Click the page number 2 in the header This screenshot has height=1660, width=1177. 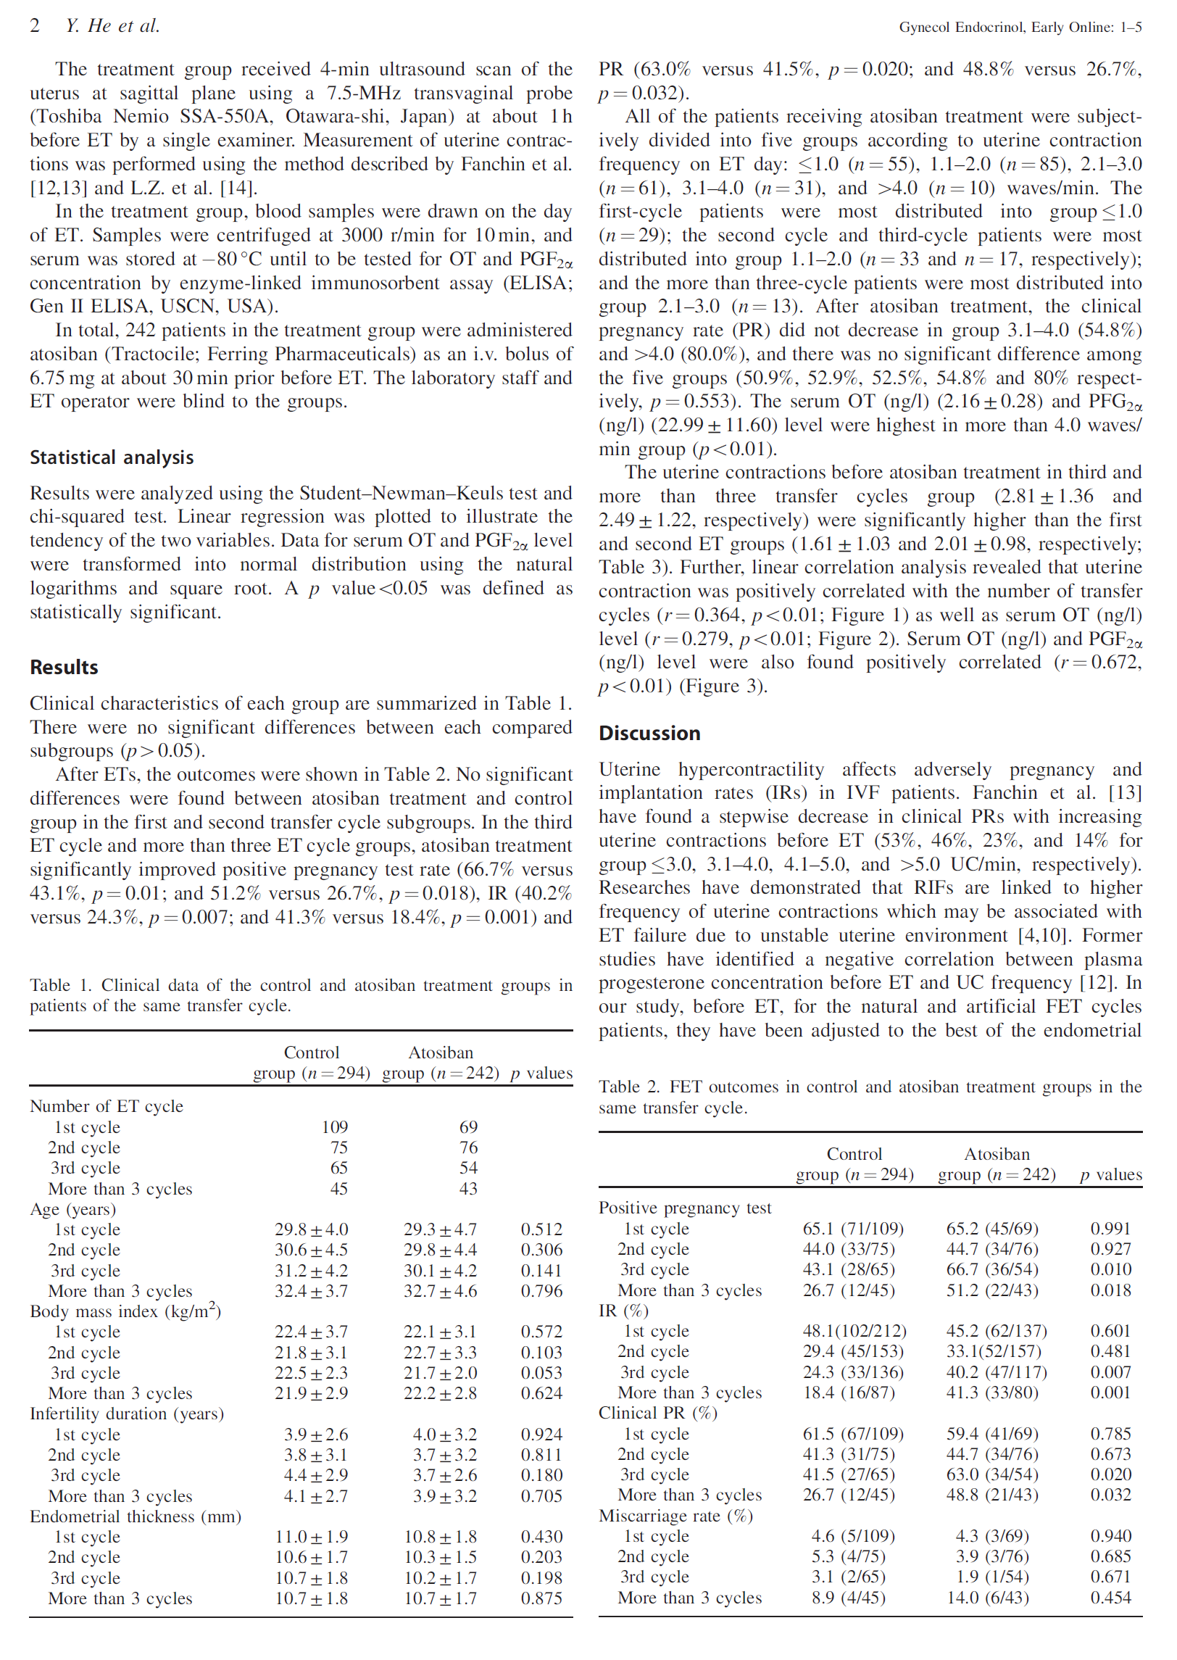pos(35,26)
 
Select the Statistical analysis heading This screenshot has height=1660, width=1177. pos(112,457)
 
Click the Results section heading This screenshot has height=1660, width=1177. pos(64,667)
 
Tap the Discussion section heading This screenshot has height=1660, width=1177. pos(649,733)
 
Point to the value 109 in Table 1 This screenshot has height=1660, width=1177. pos(335,1126)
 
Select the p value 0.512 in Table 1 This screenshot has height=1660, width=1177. pos(541,1229)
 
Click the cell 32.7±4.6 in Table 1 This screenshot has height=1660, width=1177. pos(440,1291)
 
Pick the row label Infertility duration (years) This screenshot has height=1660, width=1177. pos(127,1414)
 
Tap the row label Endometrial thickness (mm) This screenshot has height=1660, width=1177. pos(136,1516)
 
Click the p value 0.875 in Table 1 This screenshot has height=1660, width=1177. pos(541,1598)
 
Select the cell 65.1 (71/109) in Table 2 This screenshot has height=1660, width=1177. pos(853,1229)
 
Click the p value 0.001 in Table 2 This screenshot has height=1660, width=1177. pos(1110,1393)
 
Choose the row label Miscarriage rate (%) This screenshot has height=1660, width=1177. pos(675,1516)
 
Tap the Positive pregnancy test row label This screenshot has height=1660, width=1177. pos(685,1208)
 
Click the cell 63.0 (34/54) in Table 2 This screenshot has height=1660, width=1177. pos(992,1474)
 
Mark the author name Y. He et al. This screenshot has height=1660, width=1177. pos(112,26)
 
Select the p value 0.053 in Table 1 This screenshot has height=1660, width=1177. pos(541,1373)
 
